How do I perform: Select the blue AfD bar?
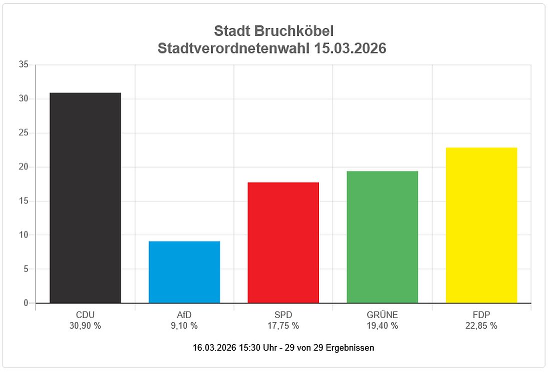(x=184, y=272)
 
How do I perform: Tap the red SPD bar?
(x=283, y=243)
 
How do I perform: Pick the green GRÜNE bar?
(x=382, y=237)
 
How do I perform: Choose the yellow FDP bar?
(x=481, y=225)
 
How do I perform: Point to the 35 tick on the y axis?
(x=23, y=65)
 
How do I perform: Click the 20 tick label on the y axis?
(x=23, y=167)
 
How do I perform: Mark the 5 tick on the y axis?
(x=25, y=269)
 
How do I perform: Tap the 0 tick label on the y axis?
(x=25, y=303)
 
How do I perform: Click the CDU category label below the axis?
(x=85, y=315)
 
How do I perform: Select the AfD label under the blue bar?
(x=184, y=315)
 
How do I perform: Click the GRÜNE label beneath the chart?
(x=382, y=315)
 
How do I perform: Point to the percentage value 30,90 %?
(x=85, y=326)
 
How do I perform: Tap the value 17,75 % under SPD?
(x=283, y=326)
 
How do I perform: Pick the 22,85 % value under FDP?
(x=481, y=326)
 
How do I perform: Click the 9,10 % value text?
(x=184, y=326)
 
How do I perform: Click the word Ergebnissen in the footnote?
(x=349, y=347)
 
